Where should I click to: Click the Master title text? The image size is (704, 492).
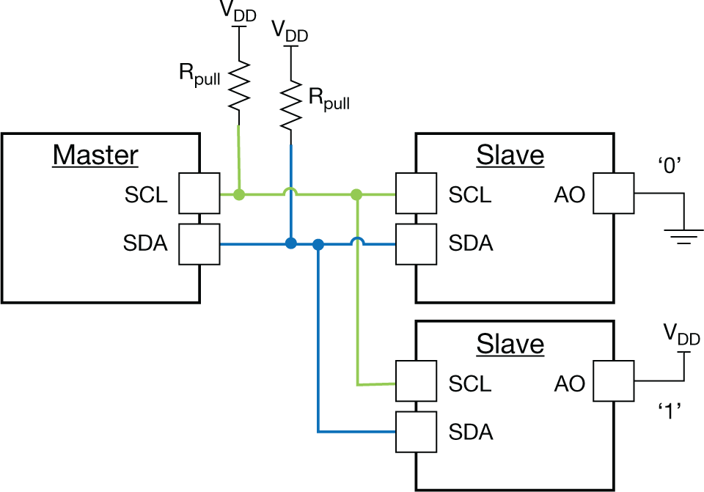pyautogui.click(x=95, y=155)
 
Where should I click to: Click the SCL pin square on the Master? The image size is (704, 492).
pyautogui.click(x=199, y=194)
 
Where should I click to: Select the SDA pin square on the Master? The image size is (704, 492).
pyautogui.click(x=199, y=243)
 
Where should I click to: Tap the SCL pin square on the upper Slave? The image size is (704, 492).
pyautogui.click(x=416, y=194)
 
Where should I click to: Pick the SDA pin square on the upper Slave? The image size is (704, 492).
pyautogui.click(x=416, y=243)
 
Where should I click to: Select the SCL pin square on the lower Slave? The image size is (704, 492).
pyautogui.click(x=416, y=383)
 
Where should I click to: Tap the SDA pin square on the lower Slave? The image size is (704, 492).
pyautogui.click(x=416, y=431)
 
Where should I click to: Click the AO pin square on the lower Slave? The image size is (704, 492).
pyautogui.click(x=613, y=382)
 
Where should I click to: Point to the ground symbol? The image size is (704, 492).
pyautogui.click(x=683, y=235)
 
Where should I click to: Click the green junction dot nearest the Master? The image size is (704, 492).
pyautogui.click(x=238, y=194)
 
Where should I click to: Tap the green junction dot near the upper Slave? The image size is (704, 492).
pyautogui.click(x=356, y=194)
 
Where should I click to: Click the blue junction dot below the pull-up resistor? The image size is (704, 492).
pyautogui.click(x=291, y=243)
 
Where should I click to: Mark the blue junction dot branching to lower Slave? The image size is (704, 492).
pyautogui.click(x=318, y=243)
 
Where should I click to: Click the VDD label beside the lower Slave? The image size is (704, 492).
pyautogui.click(x=681, y=334)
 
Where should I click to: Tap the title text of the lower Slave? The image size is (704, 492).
pyautogui.click(x=510, y=344)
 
